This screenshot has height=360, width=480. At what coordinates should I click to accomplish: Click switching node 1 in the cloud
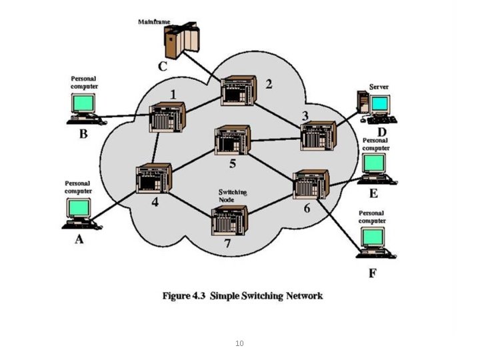point(167,117)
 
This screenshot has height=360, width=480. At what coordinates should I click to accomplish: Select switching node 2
point(239,92)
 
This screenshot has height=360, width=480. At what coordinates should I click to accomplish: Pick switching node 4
point(154,178)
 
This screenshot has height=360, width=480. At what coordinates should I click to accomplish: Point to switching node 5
point(232,140)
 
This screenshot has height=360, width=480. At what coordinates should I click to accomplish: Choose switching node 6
point(311,185)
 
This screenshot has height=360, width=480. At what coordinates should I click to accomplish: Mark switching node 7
point(229,221)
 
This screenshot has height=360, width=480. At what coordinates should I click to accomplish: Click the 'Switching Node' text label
point(233,195)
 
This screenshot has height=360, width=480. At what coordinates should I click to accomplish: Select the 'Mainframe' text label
point(154,21)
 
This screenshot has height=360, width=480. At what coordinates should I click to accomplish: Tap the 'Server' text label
point(379,87)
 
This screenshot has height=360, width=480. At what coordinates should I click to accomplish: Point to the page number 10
point(239,343)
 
